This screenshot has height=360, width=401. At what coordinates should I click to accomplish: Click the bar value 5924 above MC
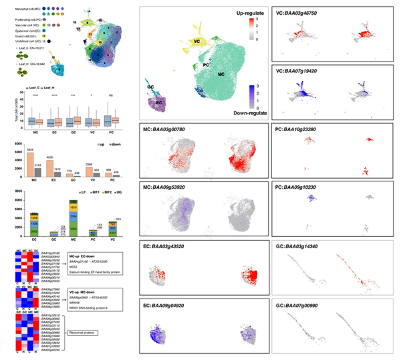click(29, 149)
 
